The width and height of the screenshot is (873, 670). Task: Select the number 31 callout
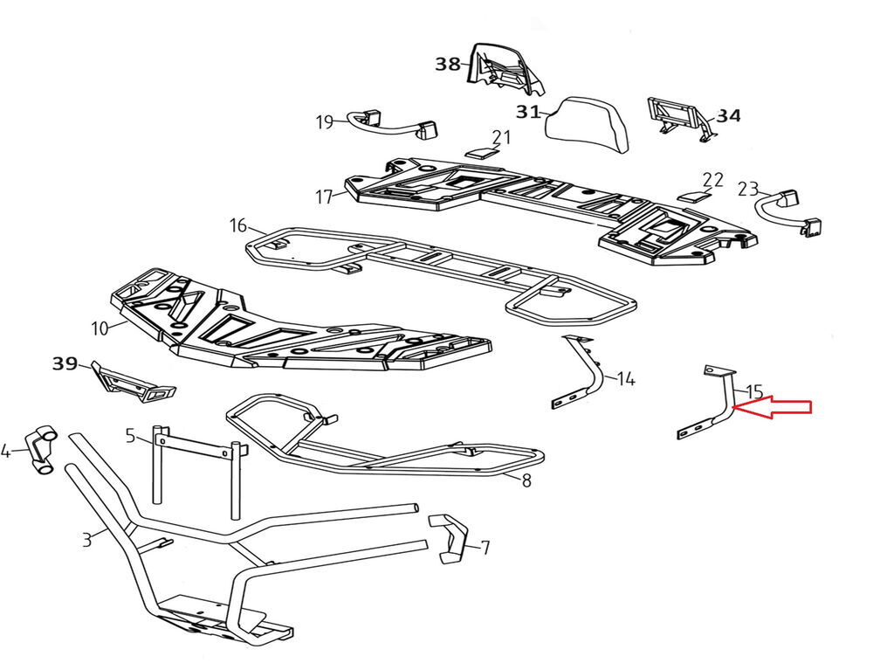pos(527,112)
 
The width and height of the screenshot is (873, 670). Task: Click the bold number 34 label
pos(729,114)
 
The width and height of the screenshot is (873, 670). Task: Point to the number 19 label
pos(325,121)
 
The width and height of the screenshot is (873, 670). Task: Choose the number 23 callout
pos(748,189)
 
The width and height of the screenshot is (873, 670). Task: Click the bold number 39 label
pos(65,363)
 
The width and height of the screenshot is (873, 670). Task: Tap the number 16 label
pos(238,226)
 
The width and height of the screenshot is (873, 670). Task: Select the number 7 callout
pos(485,548)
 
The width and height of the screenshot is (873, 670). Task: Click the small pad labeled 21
pos(479,150)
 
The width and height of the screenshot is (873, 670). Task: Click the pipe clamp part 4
pos(38,449)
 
